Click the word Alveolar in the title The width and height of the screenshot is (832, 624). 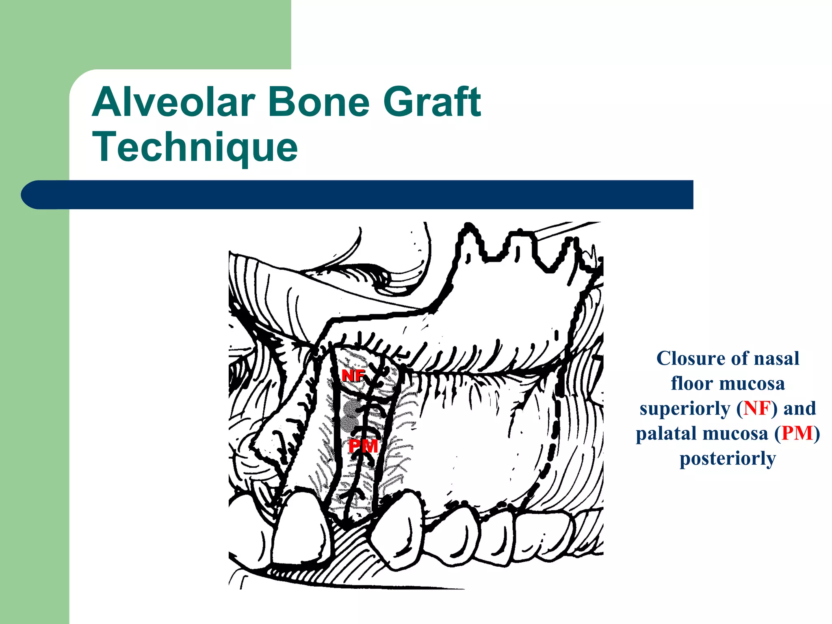click(x=173, y=102)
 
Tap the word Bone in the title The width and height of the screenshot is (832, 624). click(x=318, y=102)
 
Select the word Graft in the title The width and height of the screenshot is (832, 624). click(x=432, y=102)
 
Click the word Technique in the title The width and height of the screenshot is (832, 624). click(x=195, y=147)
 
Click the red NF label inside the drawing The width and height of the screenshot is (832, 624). click(x=353, y=376)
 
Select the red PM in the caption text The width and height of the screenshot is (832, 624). click(x=797, y=433)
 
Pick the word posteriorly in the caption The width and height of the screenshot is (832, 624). click(x=728, y=459)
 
